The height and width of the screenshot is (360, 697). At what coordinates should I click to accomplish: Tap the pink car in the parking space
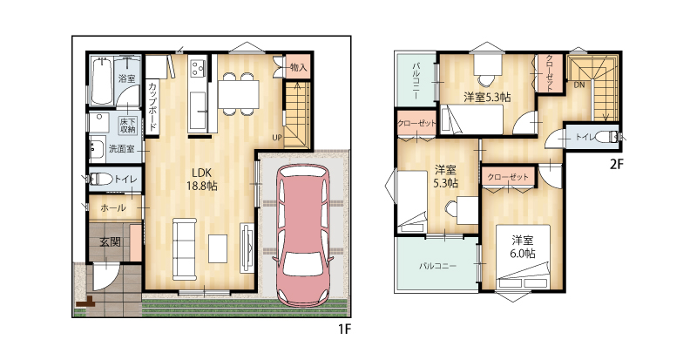(x=303, y=233)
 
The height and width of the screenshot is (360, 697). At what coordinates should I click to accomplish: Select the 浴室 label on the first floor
(x=126, y=78)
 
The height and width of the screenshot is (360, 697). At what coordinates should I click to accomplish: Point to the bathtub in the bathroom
(x=102, y=80)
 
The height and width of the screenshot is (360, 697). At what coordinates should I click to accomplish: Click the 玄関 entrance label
(x=110, y=242)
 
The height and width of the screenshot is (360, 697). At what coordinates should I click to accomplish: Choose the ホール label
(x=113, y=207)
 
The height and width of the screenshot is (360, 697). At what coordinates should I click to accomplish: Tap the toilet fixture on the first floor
(x=101, y=180)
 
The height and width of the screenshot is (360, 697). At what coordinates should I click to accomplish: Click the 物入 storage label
(x=298, y=68)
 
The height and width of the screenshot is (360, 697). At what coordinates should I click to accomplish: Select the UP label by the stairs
(x=277, y=138)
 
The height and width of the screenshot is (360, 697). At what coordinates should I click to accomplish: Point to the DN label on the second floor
(x=579, y=85)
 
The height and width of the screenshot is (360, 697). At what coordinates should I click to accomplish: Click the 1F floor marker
(x=344, y=329)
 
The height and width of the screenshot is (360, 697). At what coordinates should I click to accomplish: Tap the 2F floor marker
(x=617, y=165)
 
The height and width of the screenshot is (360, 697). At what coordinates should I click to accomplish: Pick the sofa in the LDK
(x=185, y=249)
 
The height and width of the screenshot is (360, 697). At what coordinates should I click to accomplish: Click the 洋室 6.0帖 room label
(x=523, y=247)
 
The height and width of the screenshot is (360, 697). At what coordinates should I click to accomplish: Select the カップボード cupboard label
(x=152, y=107)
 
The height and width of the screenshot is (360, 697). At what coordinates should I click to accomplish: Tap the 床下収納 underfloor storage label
(x=127, y=125)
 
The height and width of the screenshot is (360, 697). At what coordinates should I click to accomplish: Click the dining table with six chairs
(x=238, y=93)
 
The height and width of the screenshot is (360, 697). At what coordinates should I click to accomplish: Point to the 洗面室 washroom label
(x=121, y=149)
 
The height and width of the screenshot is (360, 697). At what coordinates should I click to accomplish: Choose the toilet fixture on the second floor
(x=606, y=137)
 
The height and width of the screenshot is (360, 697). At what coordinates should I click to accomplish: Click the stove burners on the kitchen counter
(x=198, y=67)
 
